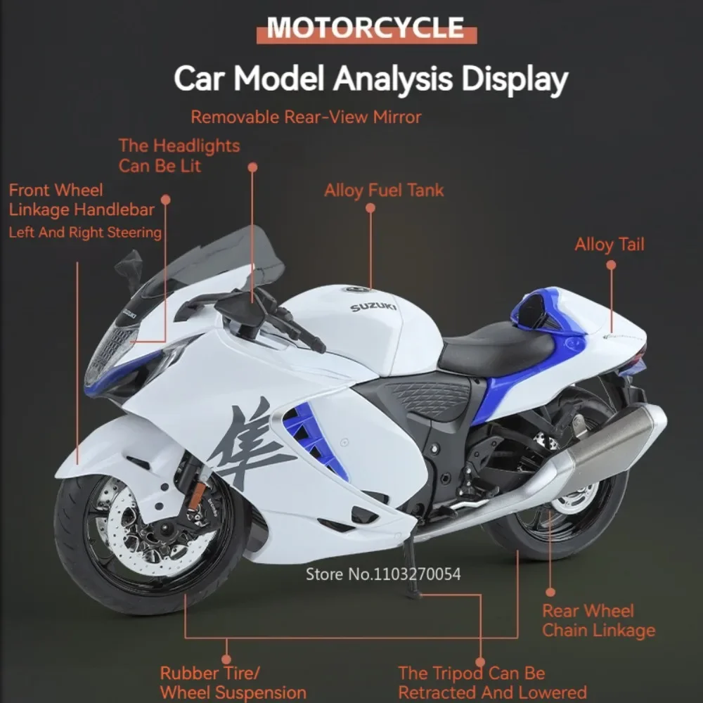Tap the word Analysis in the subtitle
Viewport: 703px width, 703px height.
click(x=392, y=79)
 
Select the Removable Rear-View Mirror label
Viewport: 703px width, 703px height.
click(x=307, y=117)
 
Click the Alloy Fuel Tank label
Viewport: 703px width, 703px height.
click(x=384, y=191)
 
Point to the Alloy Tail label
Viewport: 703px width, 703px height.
click(x=610, y=245)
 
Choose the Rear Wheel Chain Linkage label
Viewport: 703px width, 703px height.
click(x=598, y=621)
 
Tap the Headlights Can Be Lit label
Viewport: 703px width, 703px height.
click(x=179, y=155)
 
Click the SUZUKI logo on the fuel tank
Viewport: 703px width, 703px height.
click(x=373, y=307)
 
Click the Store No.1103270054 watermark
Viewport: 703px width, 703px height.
click(x=383, y=574)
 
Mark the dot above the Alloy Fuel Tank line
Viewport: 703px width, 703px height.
click(x=370, y=208)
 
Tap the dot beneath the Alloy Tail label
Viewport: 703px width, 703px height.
click(x=611, y=265)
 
